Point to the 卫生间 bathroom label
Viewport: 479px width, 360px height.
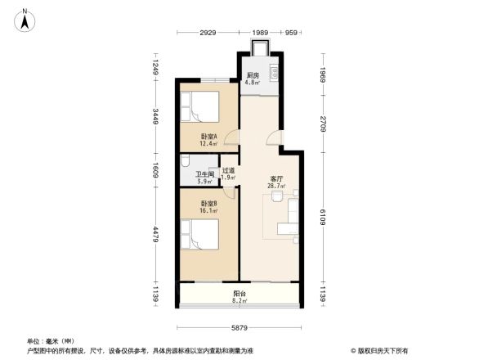point(204,178)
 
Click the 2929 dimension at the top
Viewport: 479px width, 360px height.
point(208,33)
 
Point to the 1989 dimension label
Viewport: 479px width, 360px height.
point(260,33)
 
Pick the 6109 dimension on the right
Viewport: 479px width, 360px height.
point(323,216)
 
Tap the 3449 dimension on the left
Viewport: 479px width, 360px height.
point(155,119)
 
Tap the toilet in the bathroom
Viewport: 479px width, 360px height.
point(186,160)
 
